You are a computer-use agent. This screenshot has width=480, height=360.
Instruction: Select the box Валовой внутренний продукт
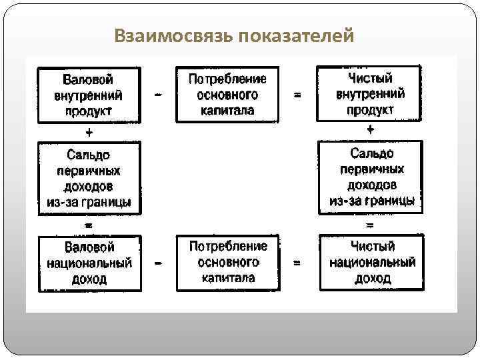89,94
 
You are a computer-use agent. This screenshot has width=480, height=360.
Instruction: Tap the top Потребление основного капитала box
227,94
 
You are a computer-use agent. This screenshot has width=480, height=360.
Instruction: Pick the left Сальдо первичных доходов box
89,177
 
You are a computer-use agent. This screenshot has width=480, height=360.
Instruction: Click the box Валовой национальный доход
89,263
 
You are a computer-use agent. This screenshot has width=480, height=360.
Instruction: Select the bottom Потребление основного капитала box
227,262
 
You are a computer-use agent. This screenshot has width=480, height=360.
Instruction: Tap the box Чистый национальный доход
372,263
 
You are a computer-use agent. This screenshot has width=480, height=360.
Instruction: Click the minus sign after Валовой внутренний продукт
158,95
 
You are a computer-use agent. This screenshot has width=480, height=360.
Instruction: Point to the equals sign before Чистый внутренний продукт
297,95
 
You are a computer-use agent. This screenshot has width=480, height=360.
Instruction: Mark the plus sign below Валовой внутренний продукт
89,131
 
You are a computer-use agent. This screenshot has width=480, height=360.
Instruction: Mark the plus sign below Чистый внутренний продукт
371,129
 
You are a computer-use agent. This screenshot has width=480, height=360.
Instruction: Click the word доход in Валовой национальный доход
89,279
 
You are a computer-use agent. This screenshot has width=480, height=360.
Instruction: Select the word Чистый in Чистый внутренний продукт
370,78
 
